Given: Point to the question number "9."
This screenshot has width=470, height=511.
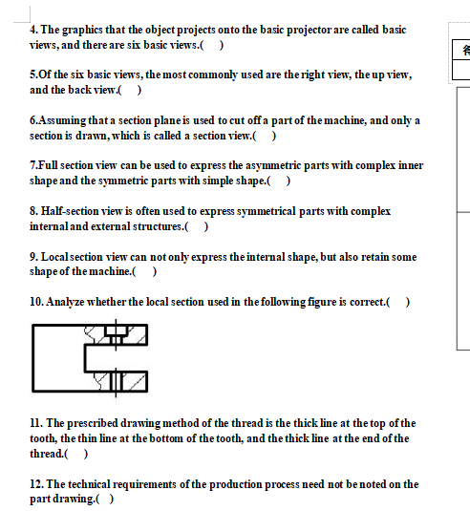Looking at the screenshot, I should click(34, 257).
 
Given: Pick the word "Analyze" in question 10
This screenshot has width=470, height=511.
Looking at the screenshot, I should click(68, 302).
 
